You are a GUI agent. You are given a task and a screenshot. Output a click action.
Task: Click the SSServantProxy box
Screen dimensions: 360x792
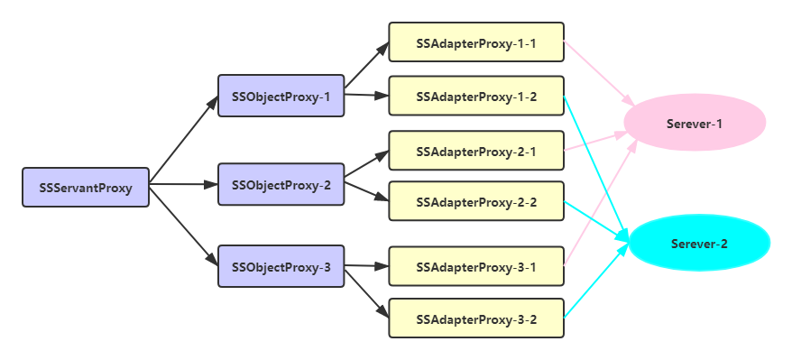coord(85,188)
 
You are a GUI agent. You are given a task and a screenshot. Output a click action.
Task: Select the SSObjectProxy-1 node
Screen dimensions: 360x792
coord(281,96)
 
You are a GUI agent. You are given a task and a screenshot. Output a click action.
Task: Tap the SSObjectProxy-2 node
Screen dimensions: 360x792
coord(281,184)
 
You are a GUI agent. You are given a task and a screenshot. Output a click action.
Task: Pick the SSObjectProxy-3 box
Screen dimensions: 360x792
coord(281,266)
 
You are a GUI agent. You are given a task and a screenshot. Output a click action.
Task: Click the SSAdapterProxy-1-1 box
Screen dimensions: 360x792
coord(475,42)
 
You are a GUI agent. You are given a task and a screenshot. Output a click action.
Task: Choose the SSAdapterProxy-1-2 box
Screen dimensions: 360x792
coord(475,96)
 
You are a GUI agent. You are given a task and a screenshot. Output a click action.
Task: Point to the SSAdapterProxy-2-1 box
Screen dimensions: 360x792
coord(475,151)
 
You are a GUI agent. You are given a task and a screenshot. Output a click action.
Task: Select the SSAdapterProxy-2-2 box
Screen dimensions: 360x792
coord(475,201)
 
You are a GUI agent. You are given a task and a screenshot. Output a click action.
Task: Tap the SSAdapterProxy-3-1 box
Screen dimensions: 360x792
coord(475,266)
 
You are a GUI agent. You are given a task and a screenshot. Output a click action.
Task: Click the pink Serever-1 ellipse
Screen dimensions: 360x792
coord(695,123)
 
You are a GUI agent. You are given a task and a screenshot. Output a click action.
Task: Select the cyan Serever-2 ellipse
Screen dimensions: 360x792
coord(698,242)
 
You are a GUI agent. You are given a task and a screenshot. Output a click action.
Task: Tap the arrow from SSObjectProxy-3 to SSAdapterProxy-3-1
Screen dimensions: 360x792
coord(365,265)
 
